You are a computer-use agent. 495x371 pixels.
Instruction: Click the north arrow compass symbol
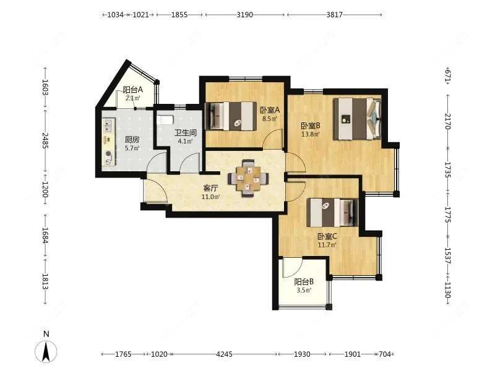pyautogui.click(x=46, y=351)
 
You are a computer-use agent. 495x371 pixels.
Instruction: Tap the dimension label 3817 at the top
pyautogui.click(x=334, y=14)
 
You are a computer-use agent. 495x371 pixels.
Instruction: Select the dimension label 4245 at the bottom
pyautogui.click(x=224, y=354)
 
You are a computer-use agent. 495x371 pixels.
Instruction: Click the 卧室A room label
pyautogui.click(x=270, y=110)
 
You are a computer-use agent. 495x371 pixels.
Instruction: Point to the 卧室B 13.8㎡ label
pyautogui.click(x=311, y=129)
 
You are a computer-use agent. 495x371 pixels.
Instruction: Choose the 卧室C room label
pyautogui.click(x=327, y=236)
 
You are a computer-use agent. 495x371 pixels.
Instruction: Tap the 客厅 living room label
pyautogui.click(x=210, y=189)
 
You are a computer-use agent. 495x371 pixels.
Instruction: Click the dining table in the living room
pyautogui.click(x=249, y=178)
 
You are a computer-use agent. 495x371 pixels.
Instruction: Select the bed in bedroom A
pyautogui.click(x=231, y=116)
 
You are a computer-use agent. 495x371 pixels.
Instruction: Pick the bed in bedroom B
pyautogui.click(x=358, y=119)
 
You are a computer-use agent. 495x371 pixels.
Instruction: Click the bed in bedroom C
pyautogui.click(x=332, y=212)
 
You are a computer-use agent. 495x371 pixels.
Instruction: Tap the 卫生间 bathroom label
pyautogui.click(x=186, y=132)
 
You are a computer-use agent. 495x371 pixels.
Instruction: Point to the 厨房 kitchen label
pyautogui.click(x=132, y=139)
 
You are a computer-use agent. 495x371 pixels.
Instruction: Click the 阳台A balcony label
pyautogui.click(x=132, y=90)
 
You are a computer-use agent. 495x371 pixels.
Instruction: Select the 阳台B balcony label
pyautogui.click(x=304, y=282)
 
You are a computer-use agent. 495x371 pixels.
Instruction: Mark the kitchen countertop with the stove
pyautogui.click(x=109, y=142)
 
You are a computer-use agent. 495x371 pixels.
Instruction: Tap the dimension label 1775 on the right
pyautogui.click(x=447, y=215)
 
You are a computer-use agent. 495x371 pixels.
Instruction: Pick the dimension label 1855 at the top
pyautogui.click(x=179, y=14)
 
